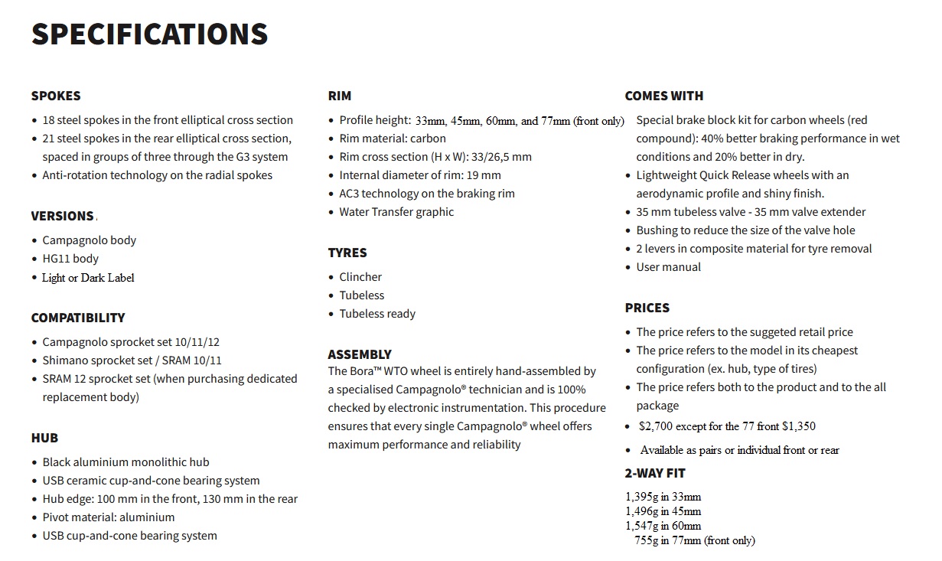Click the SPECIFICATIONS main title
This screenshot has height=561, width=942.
click(x=149, y=34)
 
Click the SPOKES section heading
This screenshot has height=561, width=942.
click(x=55, y=96)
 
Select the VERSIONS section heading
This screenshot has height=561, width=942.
click(x=62, y=216)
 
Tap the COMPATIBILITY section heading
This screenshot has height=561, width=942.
click(x=77, y=318)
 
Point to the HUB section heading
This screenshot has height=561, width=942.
click(x=44, y=438)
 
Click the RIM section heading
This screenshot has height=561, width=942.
click(x=340, y=96)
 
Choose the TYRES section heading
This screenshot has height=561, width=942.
click(x=347, y=253)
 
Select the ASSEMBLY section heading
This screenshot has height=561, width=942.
click(x=360, y=354)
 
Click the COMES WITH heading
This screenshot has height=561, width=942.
click(x=663, y=96)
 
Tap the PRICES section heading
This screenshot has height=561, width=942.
click(x=647, y=308)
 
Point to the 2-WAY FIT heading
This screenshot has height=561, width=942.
click(x=655, y=473)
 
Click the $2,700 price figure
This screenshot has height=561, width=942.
click(x=657, y=426)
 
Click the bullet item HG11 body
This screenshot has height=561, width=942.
click(x=70, y=259)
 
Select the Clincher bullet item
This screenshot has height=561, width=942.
click(x=360, y=277)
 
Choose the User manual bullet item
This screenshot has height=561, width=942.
click(x=668, y=267)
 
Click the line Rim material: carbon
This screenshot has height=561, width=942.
click(x=393, y=139)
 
